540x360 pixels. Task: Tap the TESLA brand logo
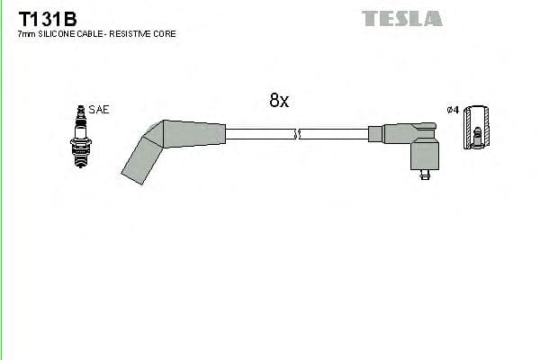coord(401,18)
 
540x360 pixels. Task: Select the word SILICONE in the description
coord(56,33)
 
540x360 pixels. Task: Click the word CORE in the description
coord(165,33)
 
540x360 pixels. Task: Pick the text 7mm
coord(26,33)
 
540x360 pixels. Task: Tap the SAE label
coord(99,110)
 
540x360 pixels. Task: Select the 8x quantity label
coord(279,102)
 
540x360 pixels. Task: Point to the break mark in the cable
coord(297,135)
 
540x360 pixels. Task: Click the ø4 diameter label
coord(454,110)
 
